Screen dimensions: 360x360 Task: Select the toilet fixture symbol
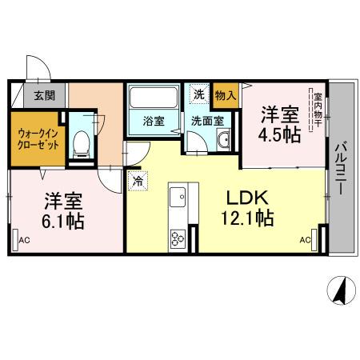[80, 143]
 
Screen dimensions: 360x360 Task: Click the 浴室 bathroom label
[154, 122]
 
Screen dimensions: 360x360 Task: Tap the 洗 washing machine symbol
[198, 94]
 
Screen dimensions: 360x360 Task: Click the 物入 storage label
[226, 95]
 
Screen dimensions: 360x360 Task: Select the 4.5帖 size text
[279, 134]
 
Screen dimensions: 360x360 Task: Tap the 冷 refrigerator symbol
[138, 182]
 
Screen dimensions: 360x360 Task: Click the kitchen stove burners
[178, 237]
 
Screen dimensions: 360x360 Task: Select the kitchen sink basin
[178, 194]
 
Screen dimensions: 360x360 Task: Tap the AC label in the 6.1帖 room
[24, 238]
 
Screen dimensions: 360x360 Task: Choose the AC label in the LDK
[305, 238]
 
